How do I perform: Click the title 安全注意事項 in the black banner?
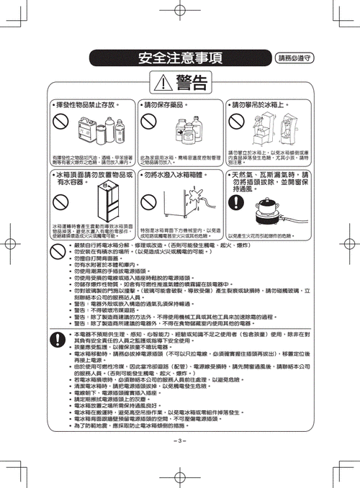[180, 57]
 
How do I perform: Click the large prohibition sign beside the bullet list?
[61, 252]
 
